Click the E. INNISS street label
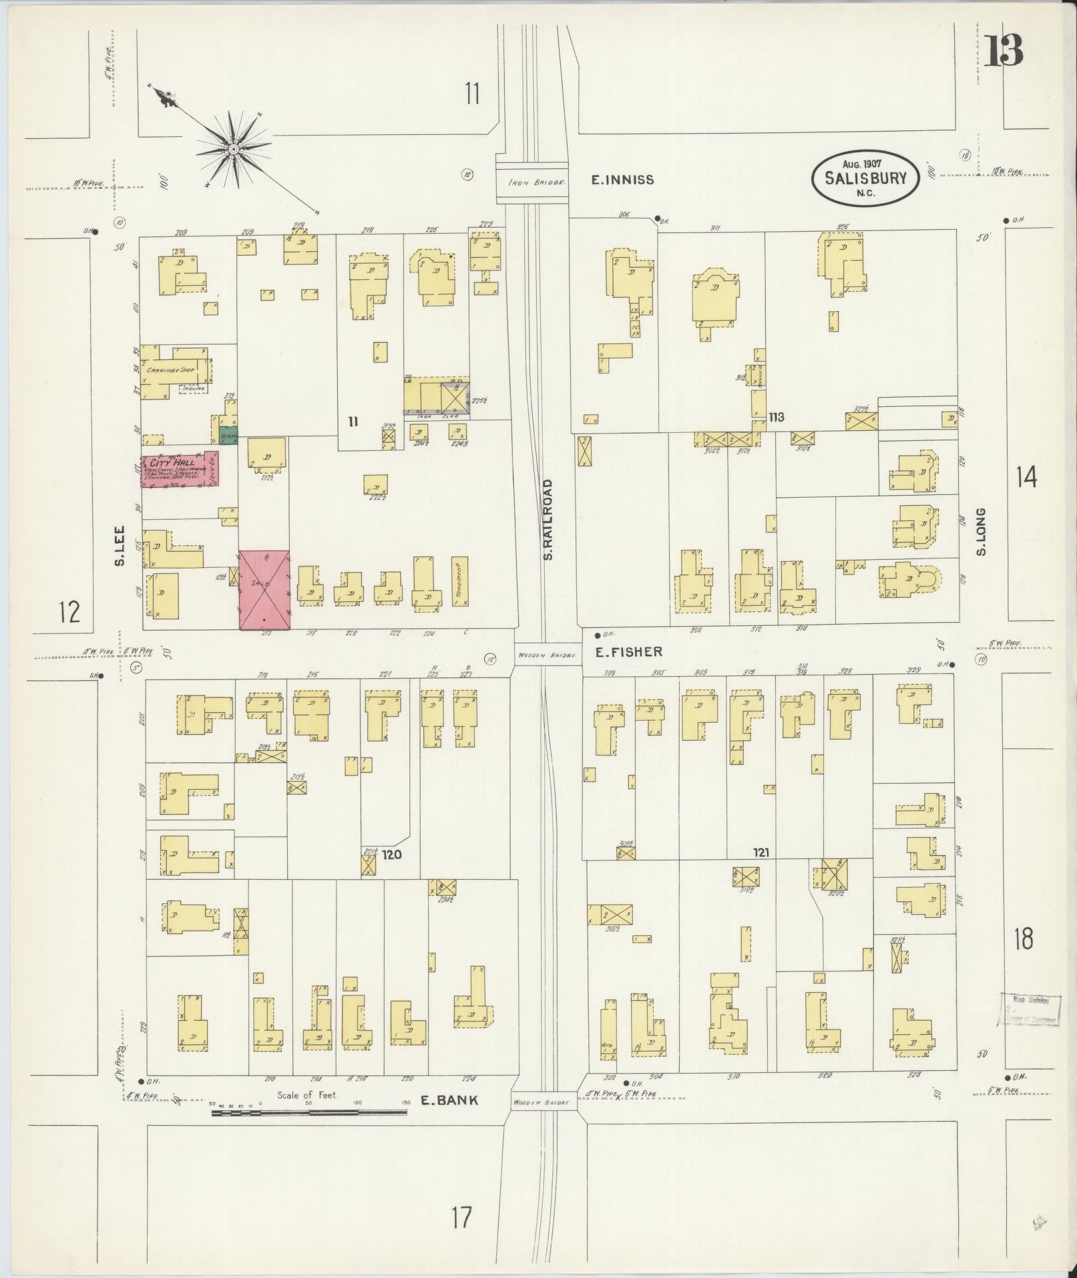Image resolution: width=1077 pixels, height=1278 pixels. pyautogui.click(x=622, y=180)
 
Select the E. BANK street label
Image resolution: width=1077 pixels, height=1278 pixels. pyautogui.click(x=449, y=1100)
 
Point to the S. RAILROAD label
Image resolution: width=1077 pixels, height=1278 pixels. pyautogui.click(x=549, y=519)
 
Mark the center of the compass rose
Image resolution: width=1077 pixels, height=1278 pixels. pyautogui.click(x=234, y=149)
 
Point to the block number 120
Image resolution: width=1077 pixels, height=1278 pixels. pyautogui.click(x=392, y=854)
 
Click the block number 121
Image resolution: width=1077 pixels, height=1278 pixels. pyautogui.click(x=761, y=852)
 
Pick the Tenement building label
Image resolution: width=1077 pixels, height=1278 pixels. pyautogui.click(x=460, y=581)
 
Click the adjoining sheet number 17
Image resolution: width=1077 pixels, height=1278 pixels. pyautogui.click(x=461, y=1217)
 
